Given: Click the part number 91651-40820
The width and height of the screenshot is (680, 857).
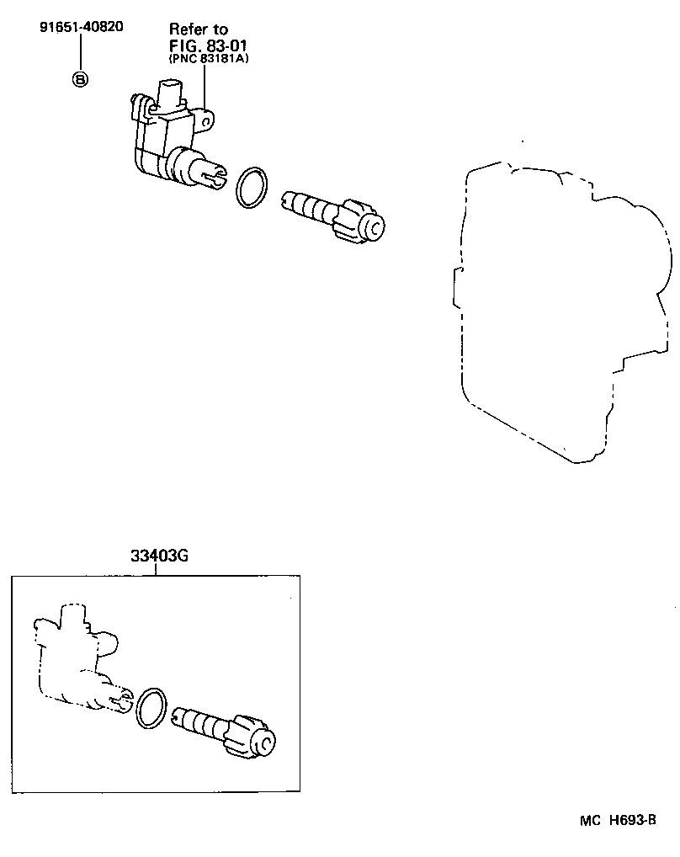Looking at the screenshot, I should click(81, 26).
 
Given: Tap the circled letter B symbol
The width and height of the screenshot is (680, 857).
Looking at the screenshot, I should click(81, 80).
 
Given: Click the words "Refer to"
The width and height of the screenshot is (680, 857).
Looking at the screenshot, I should click(199, 29).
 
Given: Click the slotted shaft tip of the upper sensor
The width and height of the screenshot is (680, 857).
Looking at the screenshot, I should click(215, 175).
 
